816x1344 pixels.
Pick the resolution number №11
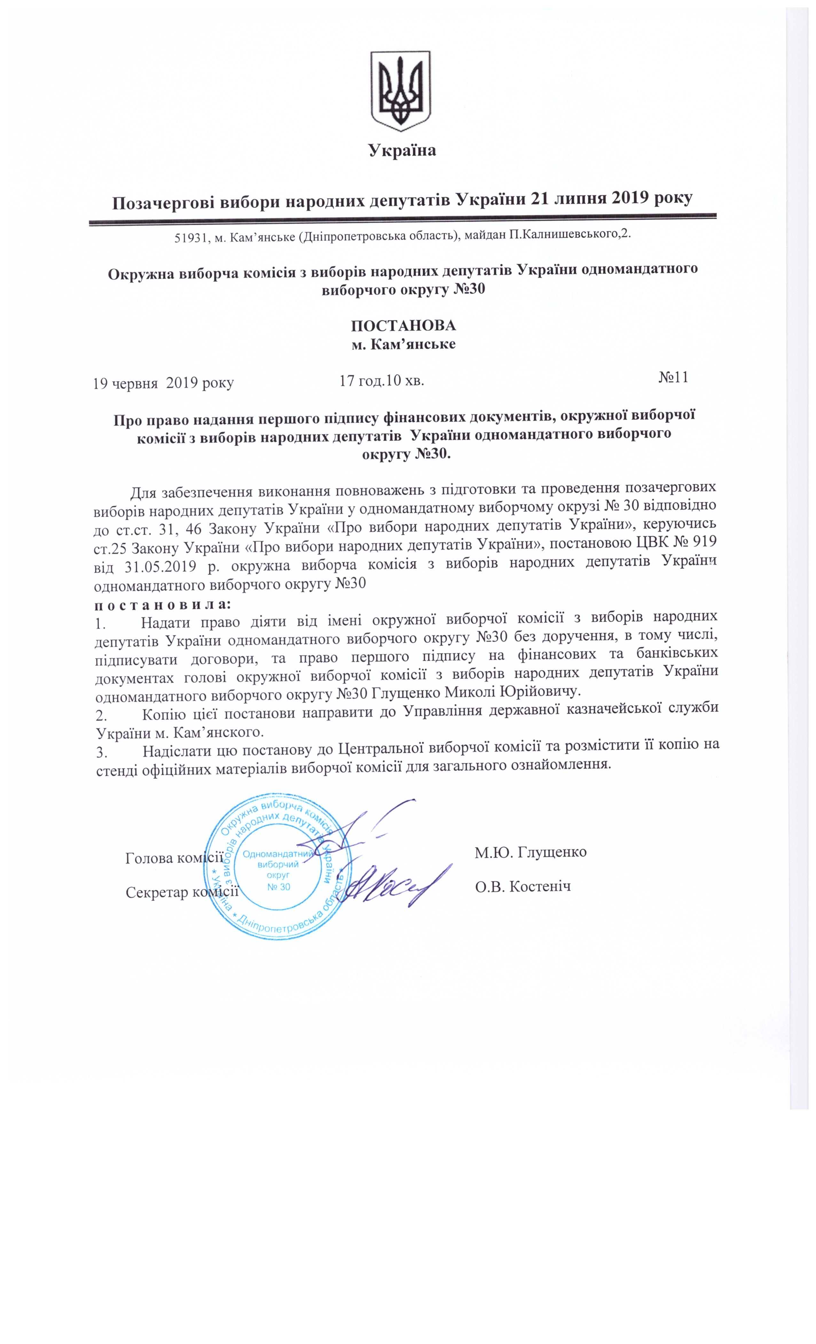[673, 378]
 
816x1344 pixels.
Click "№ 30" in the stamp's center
[279, 886]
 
